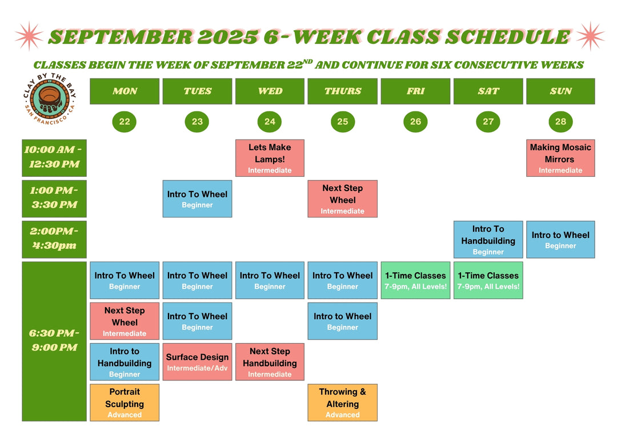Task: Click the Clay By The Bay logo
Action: (x=50, y=98)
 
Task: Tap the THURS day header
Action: (x=342, y=91)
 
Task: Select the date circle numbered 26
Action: (x=415, y=122)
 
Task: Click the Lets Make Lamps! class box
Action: (x=270, y=158)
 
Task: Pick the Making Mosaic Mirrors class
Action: (x=561, y=158)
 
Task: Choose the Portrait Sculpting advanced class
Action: (x=125, y=403)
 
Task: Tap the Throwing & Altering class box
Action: (x=342, y=403)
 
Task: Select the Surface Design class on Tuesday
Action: (x=197, y=361)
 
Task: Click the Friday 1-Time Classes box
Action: (x=415, y=280)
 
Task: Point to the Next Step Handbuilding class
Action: (x=270, y=361)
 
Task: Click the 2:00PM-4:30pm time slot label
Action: (x=54, y=240)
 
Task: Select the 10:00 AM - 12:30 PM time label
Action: (x=54, y=158)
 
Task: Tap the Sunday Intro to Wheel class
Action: (x=561, y=240)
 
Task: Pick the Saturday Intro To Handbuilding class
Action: (x=488, y=240)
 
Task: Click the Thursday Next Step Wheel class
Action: (x=342, y=198)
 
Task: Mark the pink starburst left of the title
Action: (x=29, y=36)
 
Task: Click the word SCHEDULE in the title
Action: (x=508, y=37)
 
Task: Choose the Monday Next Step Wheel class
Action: (x=125, y=321)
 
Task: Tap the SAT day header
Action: (x=488, y=91)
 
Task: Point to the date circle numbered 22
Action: (x=125, y=122)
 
